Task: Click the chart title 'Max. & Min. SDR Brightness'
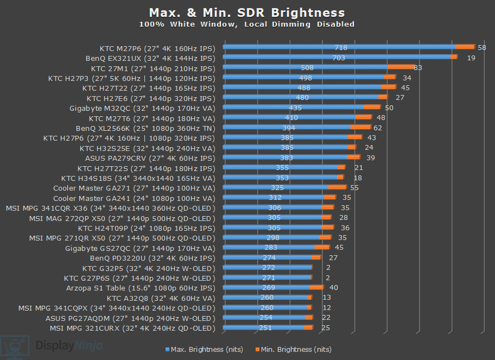tap(247, 12)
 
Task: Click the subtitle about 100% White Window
tap(247, 24)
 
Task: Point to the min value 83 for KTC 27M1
tap(417, 68)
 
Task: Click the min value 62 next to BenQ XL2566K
tap(378, 128)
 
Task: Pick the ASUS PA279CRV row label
tap(150, 158)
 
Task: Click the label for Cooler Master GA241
tap(134, 198)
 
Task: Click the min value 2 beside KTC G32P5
tap(328, 268)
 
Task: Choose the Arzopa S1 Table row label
tap(141, 288)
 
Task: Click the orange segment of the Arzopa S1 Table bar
tap(316, 288)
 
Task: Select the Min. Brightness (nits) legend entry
tap(293, 349)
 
